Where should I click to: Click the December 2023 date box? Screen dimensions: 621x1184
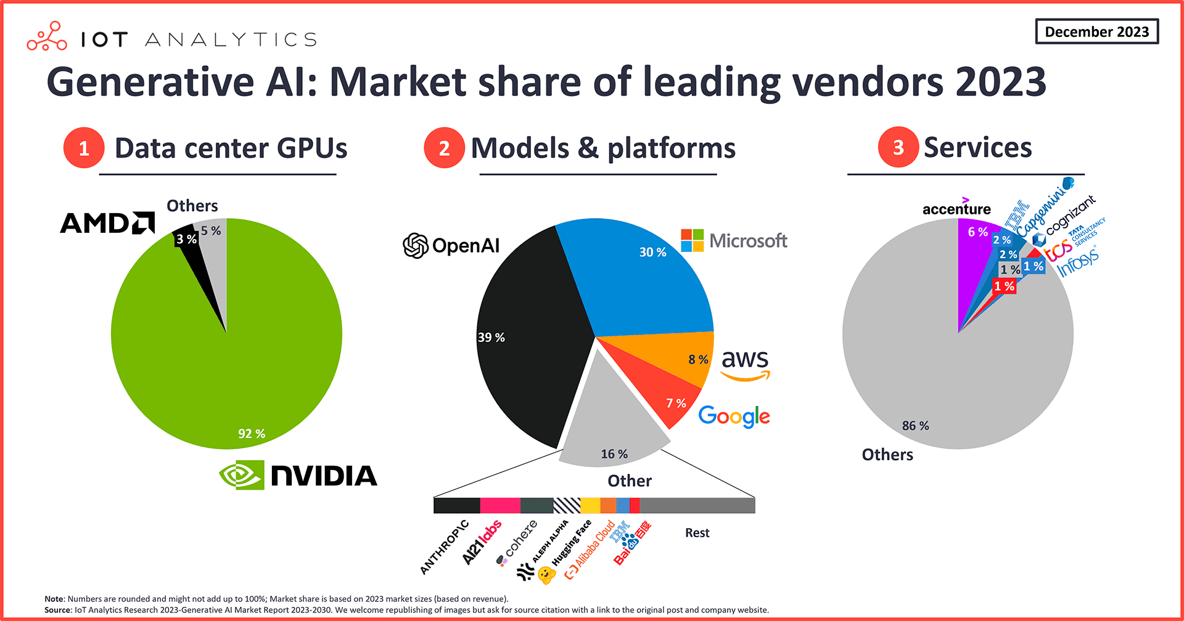click(1096, 31)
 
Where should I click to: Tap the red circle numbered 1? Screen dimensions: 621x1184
click(84, 148)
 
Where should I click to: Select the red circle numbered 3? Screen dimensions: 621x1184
click(898, 147)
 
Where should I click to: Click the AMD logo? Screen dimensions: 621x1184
click(107, 223)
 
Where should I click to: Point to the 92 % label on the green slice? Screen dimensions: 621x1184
click(252, 434)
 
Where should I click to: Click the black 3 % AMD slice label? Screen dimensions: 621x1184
click(186, 239)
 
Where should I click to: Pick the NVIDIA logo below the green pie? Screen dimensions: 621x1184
click(298, 475)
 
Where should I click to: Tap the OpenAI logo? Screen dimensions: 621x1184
click(451, 245)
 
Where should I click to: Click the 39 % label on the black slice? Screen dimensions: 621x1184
click(491, 338)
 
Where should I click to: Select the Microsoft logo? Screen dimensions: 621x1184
click(734, 240)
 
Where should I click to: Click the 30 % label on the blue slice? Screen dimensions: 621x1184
click(652, 252)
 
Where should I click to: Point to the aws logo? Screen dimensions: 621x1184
click(745, 364)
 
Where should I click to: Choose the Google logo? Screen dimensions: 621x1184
click(734, 417)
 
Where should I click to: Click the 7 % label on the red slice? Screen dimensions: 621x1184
click(676, 403)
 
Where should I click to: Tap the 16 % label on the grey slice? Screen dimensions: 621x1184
click(614, 454)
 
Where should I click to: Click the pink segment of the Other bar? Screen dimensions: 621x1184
click(499, 506)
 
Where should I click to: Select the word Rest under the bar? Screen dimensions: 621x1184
click(697, 533)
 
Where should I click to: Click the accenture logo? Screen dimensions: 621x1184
click(956, 209)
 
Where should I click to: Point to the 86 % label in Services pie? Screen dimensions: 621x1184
click(915, 426)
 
